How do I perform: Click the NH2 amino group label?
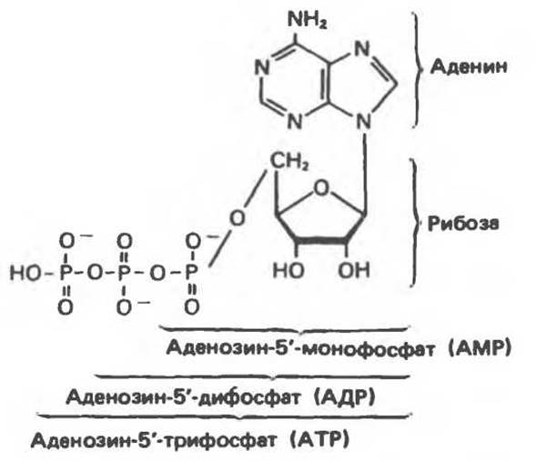[x=308, y=20]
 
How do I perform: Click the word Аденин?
[x=469, y=66]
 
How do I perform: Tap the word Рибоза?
[x=463, y=224]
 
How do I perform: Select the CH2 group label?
[x=289, y=161]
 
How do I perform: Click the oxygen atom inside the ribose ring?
[x=321, y=188]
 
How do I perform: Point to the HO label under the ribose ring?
[x=288, y=270]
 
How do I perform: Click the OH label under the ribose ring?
[x=354, y=270]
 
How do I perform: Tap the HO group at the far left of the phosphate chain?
[x=25, y=273]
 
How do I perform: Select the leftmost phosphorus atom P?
[x=66, y=273]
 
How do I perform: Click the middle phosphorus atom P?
[x=125, y=273]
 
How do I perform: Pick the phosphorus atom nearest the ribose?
[x=191, y=273]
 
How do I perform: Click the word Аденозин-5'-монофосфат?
[x=301, y=348]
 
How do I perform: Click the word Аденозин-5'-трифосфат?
[x=154, y=440]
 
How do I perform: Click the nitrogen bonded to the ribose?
[x=363, y=122]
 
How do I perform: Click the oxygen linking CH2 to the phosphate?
[x=238, y=218]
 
